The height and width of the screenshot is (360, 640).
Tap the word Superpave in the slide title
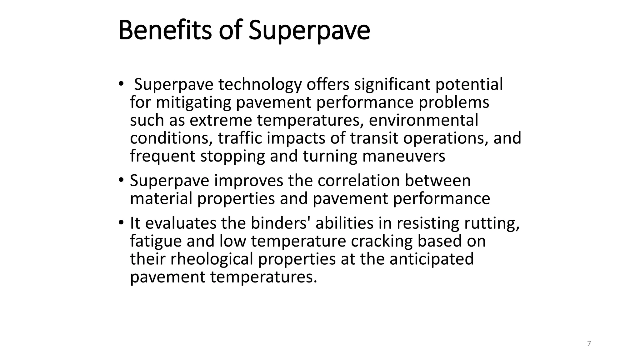(309, 30)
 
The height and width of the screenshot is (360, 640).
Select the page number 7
(589, 344)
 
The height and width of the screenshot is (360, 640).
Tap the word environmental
(423, 120)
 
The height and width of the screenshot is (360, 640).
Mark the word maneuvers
(404, 156)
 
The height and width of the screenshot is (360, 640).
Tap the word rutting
(492, 223)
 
